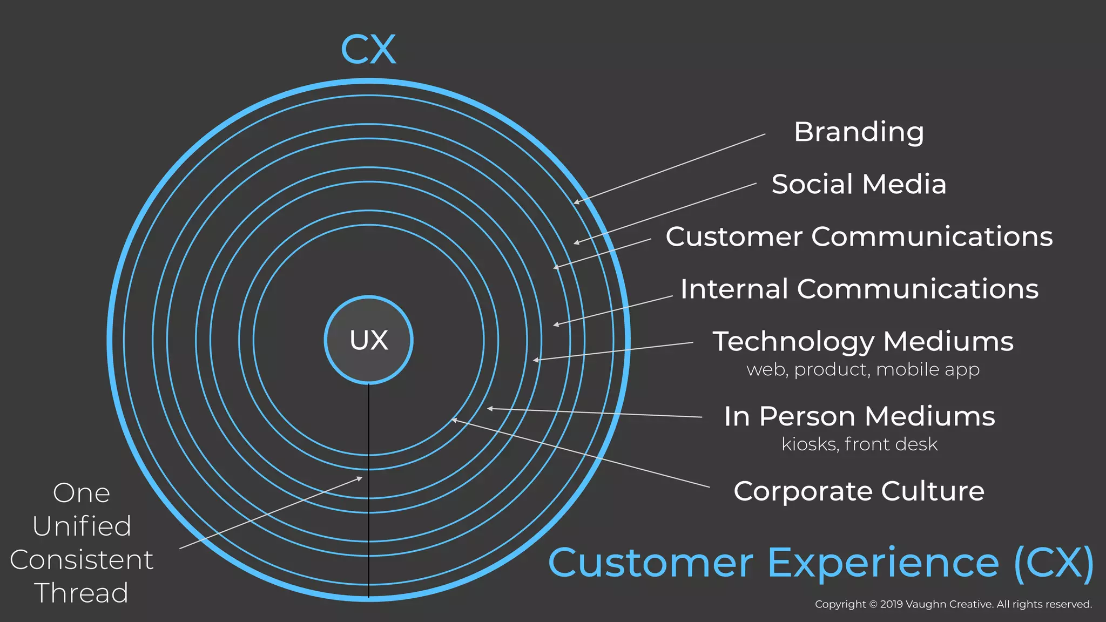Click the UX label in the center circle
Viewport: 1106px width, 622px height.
coord(369,340)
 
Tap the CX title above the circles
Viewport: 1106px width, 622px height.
coord(369,50)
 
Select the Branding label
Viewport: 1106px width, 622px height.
coord(859,132)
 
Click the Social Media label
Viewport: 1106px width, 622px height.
coord(859,184)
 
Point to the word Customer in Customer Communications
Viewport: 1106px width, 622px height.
coord(734,236)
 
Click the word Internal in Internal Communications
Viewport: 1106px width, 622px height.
coord(734,289)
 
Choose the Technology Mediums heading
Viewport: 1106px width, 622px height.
coord(863,341)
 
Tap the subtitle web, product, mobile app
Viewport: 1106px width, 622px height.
coord(863,370)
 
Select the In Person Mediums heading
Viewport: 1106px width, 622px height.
coord(859,416)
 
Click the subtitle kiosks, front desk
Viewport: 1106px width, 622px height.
coord(859,444)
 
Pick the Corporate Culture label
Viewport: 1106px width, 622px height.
coord(859,491)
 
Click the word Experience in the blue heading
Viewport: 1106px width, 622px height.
coord(883,563)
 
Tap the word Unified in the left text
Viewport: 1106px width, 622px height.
coord(82,526)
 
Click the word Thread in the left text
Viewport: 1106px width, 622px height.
coord(82,593)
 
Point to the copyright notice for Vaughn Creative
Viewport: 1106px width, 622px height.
coord(953,604)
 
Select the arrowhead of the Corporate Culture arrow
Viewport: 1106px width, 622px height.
coord(454,420)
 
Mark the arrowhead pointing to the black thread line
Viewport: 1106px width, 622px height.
coord(360,478)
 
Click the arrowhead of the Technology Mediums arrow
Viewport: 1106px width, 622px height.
coord(535,360)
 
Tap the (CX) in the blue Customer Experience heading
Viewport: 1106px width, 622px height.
coord(1054,563)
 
